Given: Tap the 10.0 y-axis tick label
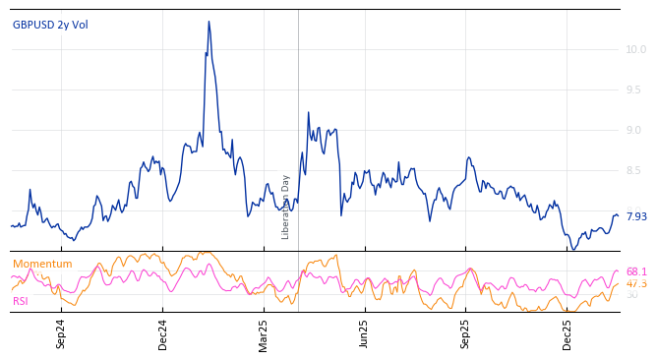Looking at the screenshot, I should click(635, 49).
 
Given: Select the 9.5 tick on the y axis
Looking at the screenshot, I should click(635, 90).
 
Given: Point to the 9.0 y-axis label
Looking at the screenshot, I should click(635, 130).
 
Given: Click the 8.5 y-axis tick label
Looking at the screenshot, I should click(635, 171).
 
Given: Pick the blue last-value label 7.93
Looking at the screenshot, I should click(635, 216).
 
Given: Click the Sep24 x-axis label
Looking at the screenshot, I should click(61, 333).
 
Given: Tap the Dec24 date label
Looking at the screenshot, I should click(163, 333).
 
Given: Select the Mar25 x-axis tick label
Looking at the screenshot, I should click(264, 333).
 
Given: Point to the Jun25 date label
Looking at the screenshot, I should click(365, 333).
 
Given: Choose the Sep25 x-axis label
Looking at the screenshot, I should click(466, 333).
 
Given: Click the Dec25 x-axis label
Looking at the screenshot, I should click(567, 333).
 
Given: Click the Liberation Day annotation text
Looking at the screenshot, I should click(286, 207).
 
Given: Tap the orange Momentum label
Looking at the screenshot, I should click(42, 264).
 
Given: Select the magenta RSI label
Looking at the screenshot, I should click(21, 301).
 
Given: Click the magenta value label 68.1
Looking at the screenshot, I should click(636, 271).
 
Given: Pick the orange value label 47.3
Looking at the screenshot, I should click(636, 283).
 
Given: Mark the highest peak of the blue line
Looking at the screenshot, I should click(209, 22).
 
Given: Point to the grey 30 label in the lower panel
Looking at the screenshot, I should click(631, 295).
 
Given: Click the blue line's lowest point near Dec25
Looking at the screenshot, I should click(573, 249).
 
